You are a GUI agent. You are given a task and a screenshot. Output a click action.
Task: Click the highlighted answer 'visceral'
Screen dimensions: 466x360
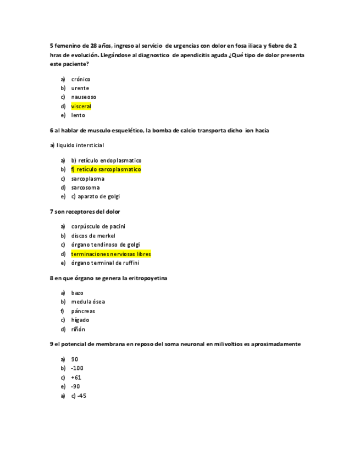coord(81,106)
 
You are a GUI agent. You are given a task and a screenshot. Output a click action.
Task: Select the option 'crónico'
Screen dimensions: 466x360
coord(81,79)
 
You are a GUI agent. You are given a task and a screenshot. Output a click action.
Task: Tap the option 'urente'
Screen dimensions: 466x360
coord(80,88)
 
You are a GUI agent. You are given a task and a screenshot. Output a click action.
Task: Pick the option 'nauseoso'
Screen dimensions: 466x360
coord(84,97)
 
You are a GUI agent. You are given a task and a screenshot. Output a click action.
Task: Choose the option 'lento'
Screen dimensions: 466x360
coord(78,115)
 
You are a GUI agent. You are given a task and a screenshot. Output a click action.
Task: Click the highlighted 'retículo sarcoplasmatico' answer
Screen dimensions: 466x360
coord(106,169)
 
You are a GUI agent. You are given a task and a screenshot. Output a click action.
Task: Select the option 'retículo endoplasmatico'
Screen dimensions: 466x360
coord(110,160)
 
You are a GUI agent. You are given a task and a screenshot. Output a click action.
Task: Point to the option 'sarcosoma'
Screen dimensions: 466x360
coord(85,187)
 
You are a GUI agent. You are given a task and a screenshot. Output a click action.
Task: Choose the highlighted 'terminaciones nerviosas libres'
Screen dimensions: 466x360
coord(110,254)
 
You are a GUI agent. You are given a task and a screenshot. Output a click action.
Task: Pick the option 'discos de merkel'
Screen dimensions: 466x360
coord(93,236)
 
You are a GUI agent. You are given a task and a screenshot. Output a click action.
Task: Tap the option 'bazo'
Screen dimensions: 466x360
coord(77,293)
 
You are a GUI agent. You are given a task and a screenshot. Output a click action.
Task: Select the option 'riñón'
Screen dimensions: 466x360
coord(78,329)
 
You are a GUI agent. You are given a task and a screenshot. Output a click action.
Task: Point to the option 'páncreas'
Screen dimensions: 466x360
coord(83,311)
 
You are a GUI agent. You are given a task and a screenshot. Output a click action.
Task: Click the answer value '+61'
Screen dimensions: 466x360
coord(76,378)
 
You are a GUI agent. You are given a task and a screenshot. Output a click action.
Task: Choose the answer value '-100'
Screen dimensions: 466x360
coord(77,368)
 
